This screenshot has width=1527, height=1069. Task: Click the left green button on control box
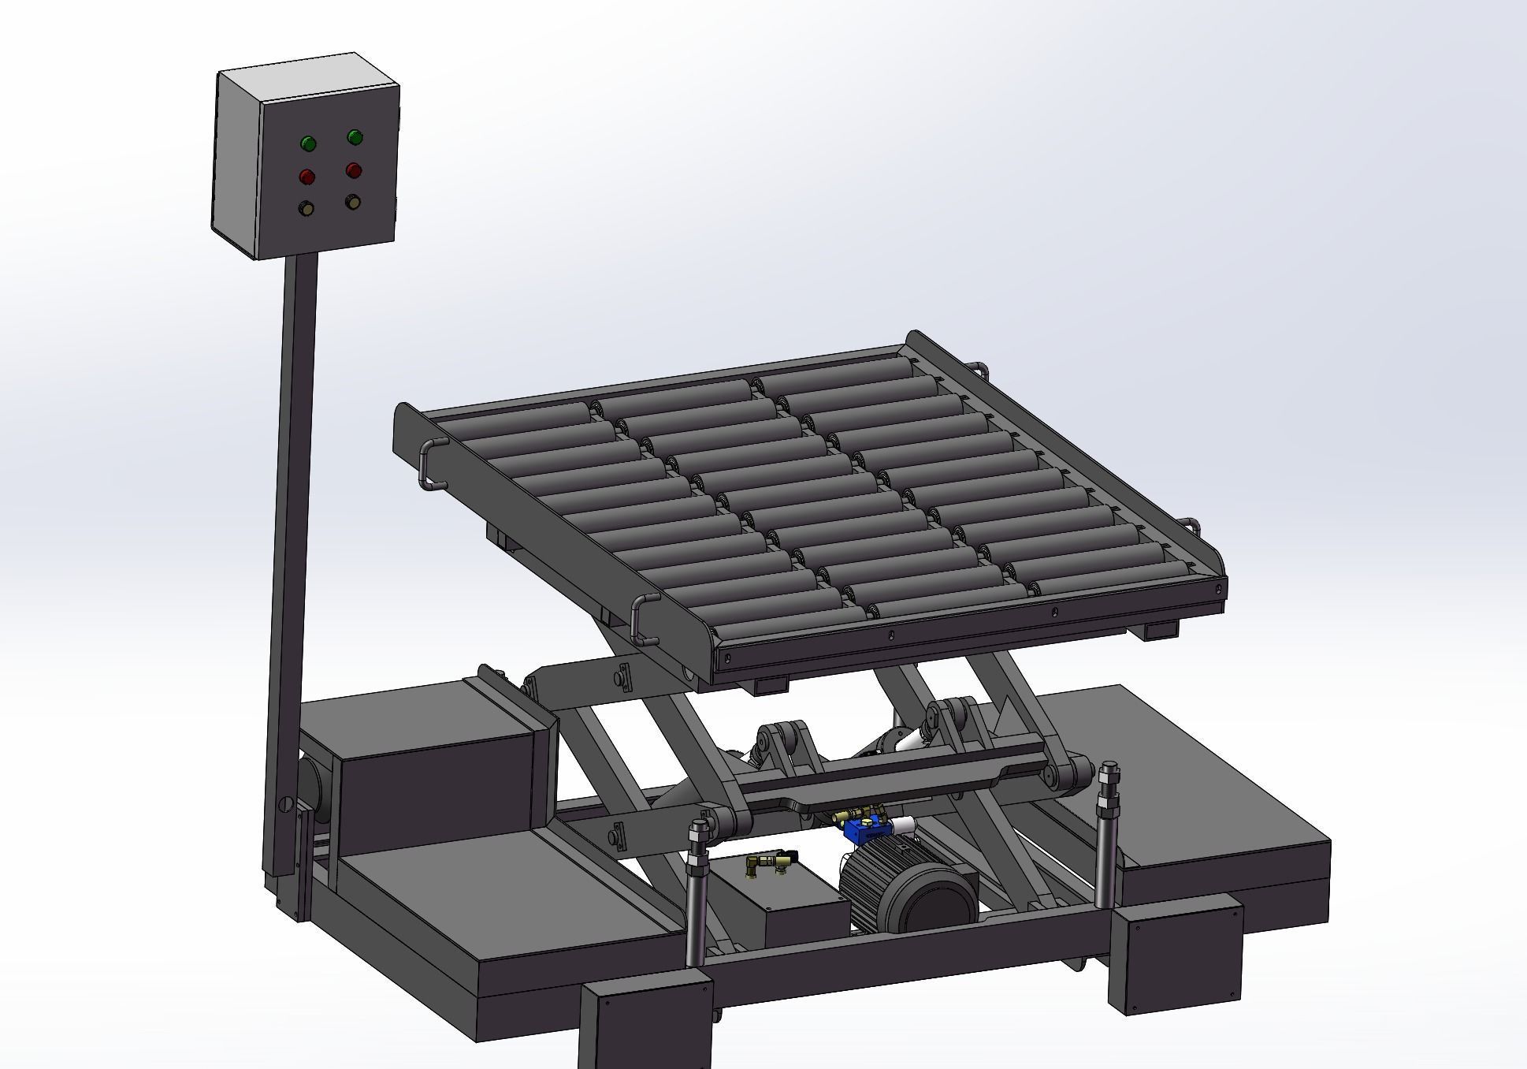click(308, 143)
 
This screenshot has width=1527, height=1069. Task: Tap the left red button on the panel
click(307, 175)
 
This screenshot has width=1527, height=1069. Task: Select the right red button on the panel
click(354, 169)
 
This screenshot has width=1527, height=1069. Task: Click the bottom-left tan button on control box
click(306, 208)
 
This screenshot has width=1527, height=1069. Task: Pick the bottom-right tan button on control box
click(353, 203)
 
